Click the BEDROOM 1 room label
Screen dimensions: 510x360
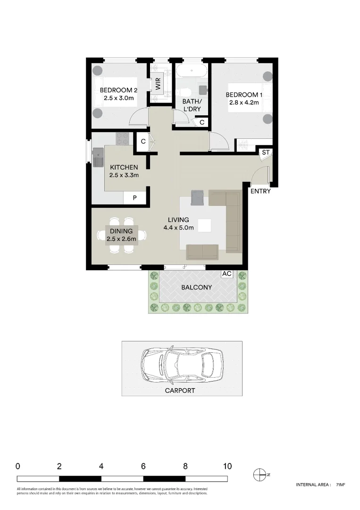point(242,95)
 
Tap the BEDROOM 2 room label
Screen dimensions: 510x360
point(118,91)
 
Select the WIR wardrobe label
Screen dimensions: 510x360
point(158,85)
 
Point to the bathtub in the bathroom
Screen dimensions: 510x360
point(191,73)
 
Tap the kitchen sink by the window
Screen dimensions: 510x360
point(98,157)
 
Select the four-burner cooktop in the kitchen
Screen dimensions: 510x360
point(123,139)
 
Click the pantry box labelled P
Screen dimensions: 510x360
point(134,198)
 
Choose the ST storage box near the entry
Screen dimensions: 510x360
point(265,153)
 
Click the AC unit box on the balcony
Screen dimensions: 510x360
point(226,274)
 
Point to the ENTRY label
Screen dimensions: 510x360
point(260,191)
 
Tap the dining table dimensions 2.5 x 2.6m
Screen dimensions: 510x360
point(121,239)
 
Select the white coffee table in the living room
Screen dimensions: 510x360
point(205,226)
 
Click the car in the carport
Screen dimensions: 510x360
point(181,365)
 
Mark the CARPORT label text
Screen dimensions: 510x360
point(179,391)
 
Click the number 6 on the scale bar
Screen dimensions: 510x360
point(143,466)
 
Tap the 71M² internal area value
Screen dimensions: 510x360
point(341,484)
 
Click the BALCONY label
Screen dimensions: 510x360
point(197,287)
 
